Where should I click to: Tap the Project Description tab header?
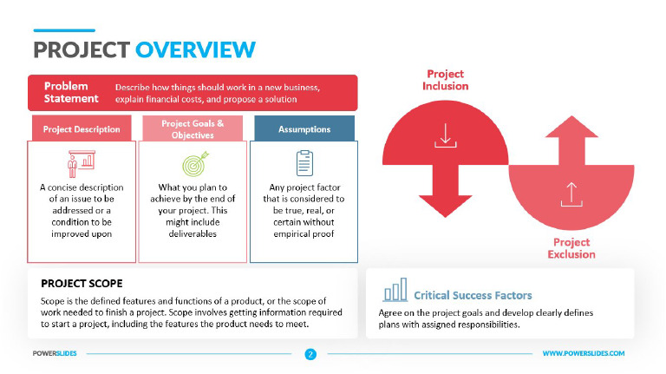coord(83,129)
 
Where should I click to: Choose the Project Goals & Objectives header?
coord(193,128)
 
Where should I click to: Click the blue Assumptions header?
coord(304,129)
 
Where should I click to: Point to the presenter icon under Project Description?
coord(82,163)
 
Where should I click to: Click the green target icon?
coord(193,163)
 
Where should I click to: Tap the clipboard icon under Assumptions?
coord(304,162)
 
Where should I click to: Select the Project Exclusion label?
coord(571,247)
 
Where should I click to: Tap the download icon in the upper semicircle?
coord(446,135)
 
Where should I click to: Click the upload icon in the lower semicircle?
coord(571,193)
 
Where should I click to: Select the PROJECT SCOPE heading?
coord(82,284)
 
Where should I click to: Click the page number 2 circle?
coord(310,354)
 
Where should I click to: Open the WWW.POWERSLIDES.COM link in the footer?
coord(583,354)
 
